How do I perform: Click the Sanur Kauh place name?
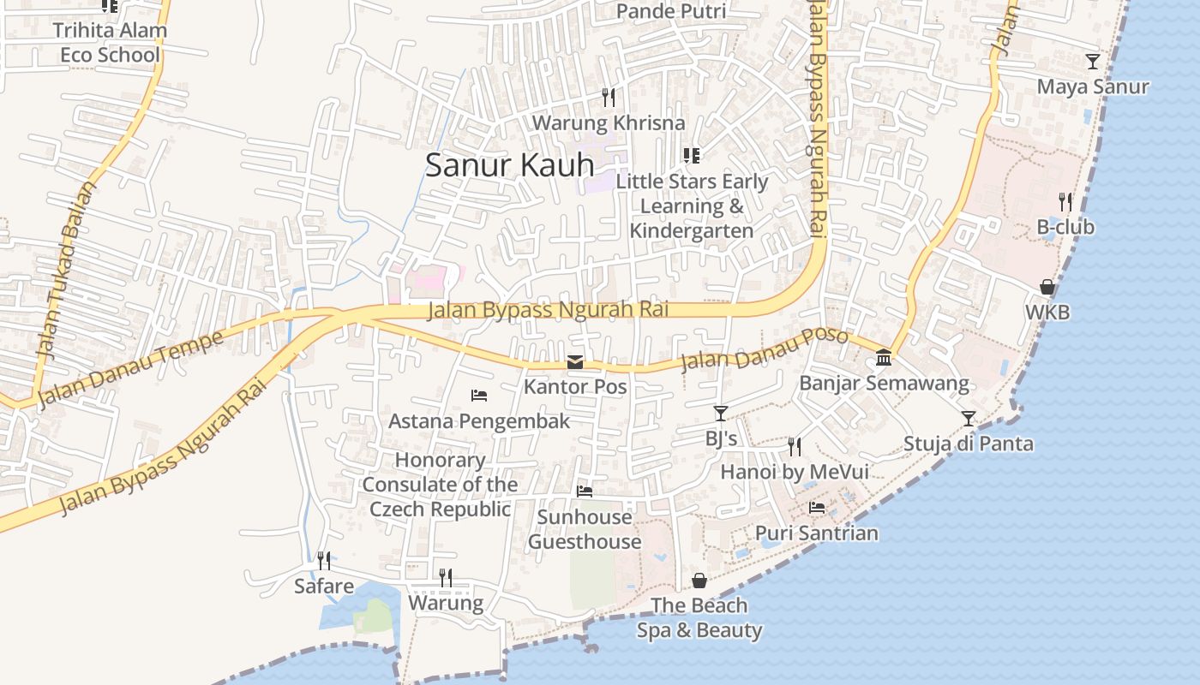coord(509,165)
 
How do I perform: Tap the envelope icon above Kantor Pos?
coord(575,362)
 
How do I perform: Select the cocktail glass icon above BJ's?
coord(720,414)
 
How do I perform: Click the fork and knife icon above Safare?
coord(324,561)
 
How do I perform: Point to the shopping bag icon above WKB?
coord(1047,286)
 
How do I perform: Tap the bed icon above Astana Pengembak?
coord(479,395)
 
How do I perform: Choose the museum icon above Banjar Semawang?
coord(884,357)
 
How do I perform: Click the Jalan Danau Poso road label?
coord(764,349)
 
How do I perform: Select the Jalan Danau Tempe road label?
coord(131,367)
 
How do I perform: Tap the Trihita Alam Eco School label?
coord(109,42)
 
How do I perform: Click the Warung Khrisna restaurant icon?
coord(609,97)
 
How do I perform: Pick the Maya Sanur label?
coord(1093,86)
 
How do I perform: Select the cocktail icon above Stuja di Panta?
coord(969,418)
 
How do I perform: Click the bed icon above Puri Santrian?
coord(817,507)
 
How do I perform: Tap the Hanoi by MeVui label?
coord(795,472)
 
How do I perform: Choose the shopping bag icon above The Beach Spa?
coord(699,581)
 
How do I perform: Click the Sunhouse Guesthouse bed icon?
coord(585,491)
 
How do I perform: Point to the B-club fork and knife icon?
coord(1065,201)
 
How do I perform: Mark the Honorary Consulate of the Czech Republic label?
coord(440,485)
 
